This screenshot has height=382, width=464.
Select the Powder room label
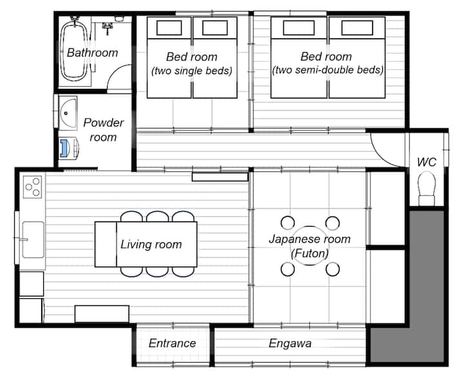pos(103,130)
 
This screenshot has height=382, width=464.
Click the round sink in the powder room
pos(68,113)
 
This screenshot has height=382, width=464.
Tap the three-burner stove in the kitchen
pos(32,187)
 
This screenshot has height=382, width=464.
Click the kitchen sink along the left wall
pos(33,240)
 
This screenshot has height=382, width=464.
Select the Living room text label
pos(151,244)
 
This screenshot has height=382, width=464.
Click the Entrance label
pos(172,343)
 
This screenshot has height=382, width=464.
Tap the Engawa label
pos(290,343)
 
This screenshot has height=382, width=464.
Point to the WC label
pos(427,162)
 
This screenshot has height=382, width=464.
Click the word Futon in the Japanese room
pos(310,253)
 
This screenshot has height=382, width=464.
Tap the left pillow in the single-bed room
pos(169,28)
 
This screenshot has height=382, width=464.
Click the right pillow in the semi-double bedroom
pos(357,28)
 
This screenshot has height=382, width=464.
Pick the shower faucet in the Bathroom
pos(108,28)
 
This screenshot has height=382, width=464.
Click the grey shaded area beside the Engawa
pos(426,296)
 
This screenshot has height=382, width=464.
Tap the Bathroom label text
pos(92,53)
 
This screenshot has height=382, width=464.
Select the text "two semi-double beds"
pos(327,70)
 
